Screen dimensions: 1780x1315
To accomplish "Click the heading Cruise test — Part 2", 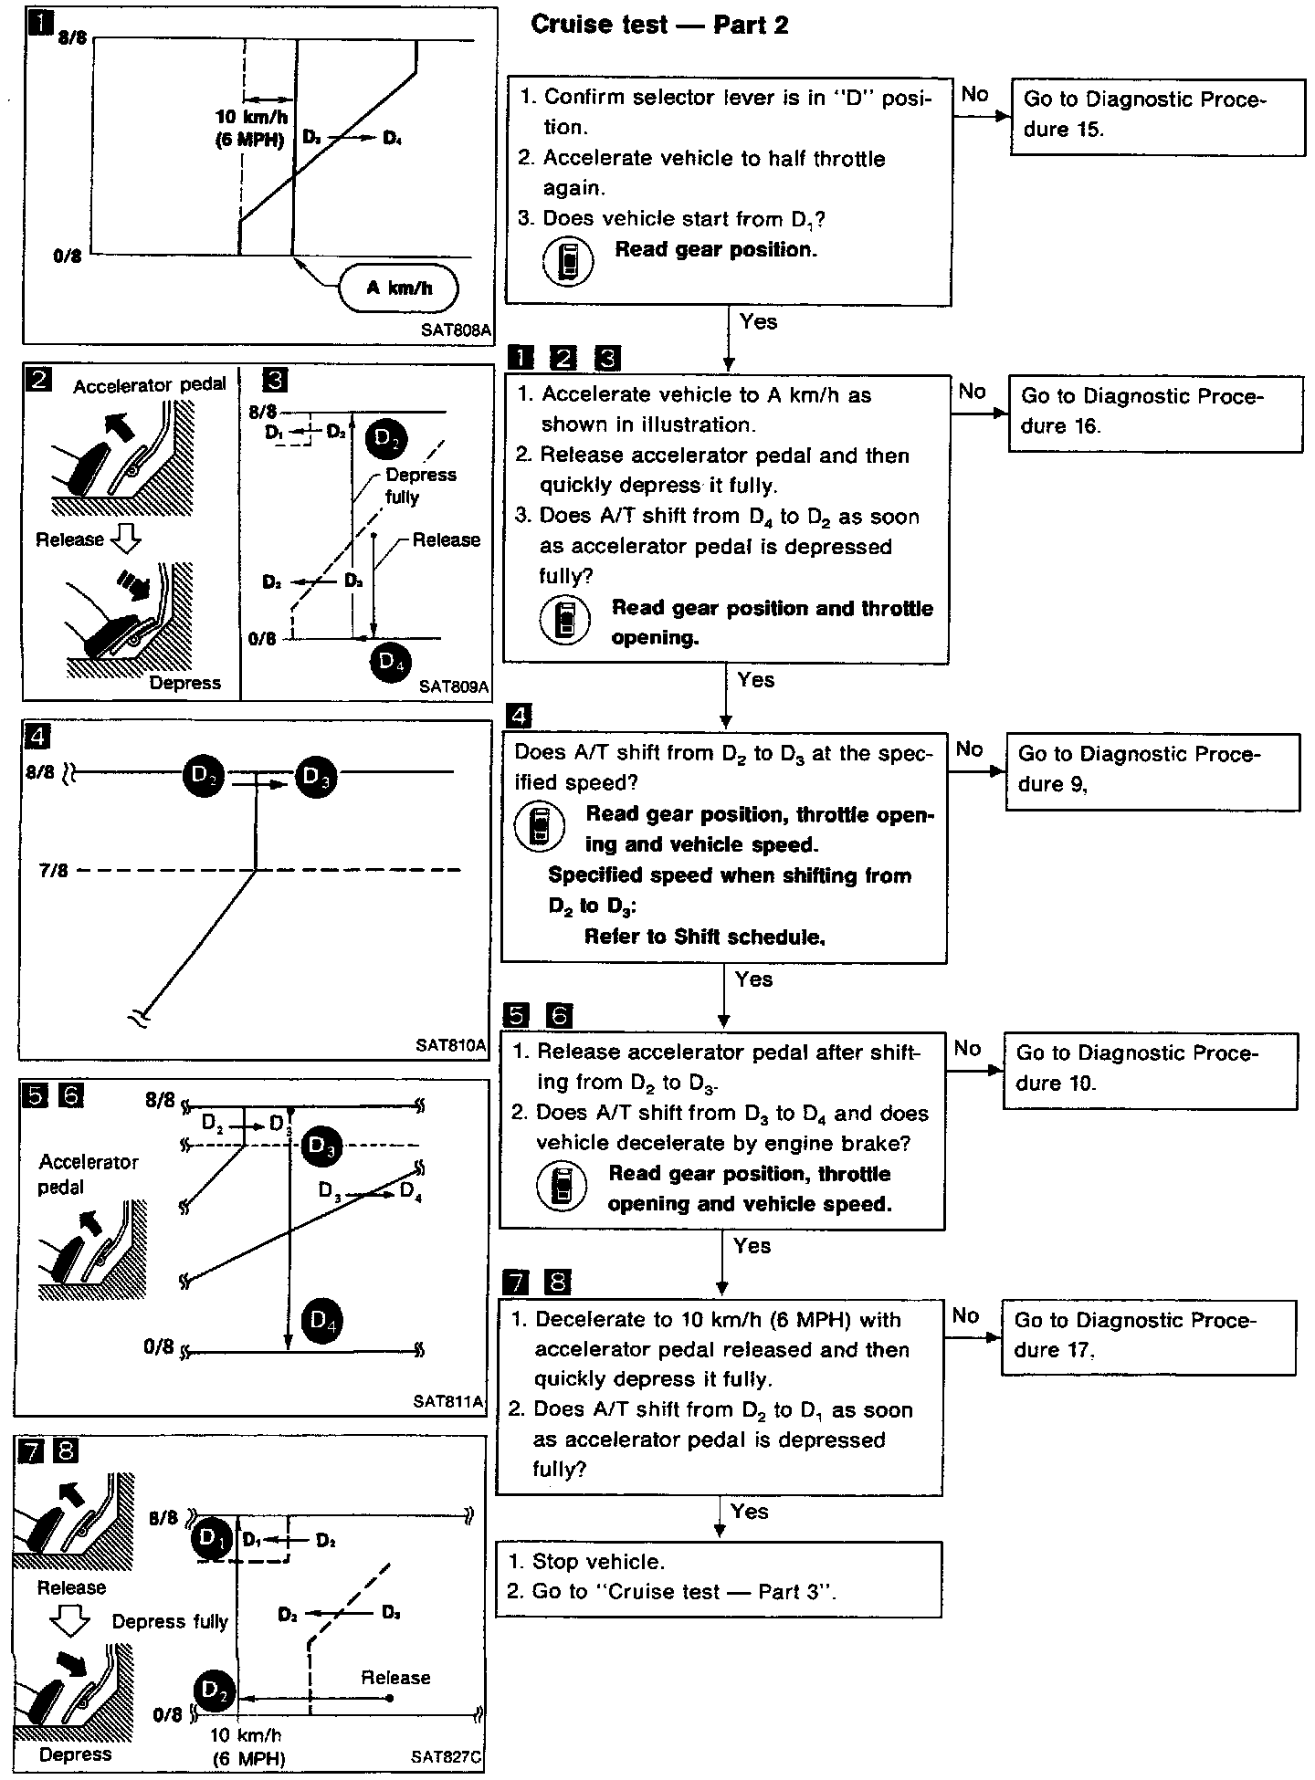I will [x=659, y=25].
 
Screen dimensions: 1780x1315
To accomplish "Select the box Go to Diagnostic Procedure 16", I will [x=1155, y=412].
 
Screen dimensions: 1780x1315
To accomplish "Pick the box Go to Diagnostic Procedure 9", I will [x=1152, y=770].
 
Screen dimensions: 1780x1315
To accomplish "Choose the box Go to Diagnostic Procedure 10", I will [x=1150, y=1070].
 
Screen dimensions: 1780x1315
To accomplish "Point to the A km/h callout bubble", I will [x=399, y=288].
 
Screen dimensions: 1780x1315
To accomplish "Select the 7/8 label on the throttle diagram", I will [x=53, y=871].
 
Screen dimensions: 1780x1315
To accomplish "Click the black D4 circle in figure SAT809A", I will [x=391, y=663].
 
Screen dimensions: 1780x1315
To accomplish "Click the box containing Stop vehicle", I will [x=718, y=1578].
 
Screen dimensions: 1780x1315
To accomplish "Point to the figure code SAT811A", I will [x=447, y=1400].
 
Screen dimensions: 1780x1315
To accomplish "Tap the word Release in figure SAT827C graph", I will [x=395, y=1677].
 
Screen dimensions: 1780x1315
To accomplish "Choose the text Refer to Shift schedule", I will [x=704, y=937].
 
